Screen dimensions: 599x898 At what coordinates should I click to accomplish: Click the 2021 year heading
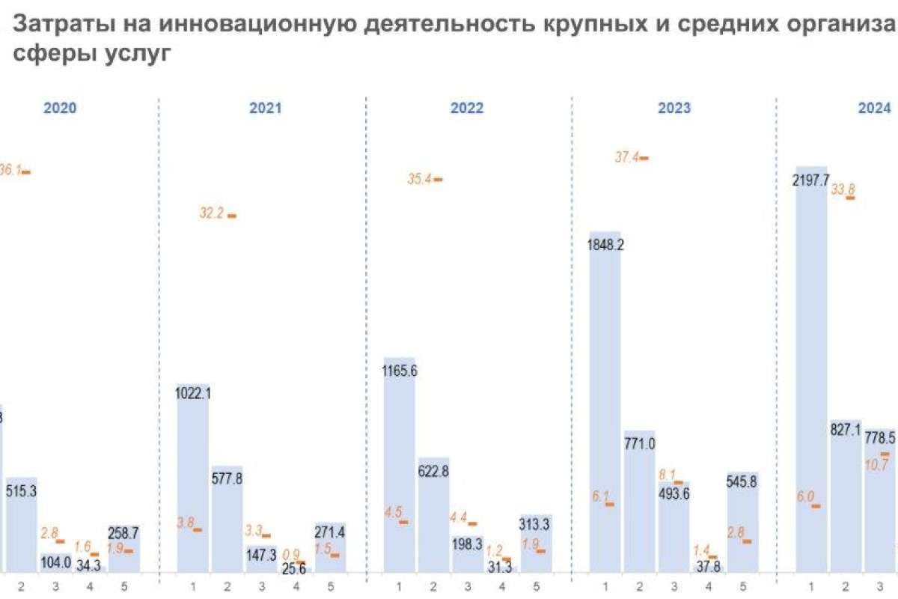coord(265,108)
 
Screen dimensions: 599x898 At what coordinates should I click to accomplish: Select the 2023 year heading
coord(673,108)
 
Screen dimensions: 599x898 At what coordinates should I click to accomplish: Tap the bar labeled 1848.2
coord(605,404)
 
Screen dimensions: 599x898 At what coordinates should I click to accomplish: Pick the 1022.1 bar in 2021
coord(193,479)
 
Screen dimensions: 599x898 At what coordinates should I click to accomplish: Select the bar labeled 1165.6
coord(400,464)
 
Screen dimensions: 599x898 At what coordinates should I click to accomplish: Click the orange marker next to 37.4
coord(644,158)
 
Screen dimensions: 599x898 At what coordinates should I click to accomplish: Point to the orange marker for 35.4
coord(438,180)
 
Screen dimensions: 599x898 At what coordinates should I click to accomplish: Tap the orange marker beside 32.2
coord(232,216)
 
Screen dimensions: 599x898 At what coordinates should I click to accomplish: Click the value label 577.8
coord(227,478)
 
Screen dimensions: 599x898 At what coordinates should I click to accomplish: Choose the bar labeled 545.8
coord(742,524)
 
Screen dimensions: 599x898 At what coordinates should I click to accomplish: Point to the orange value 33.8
coord(843,189)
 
